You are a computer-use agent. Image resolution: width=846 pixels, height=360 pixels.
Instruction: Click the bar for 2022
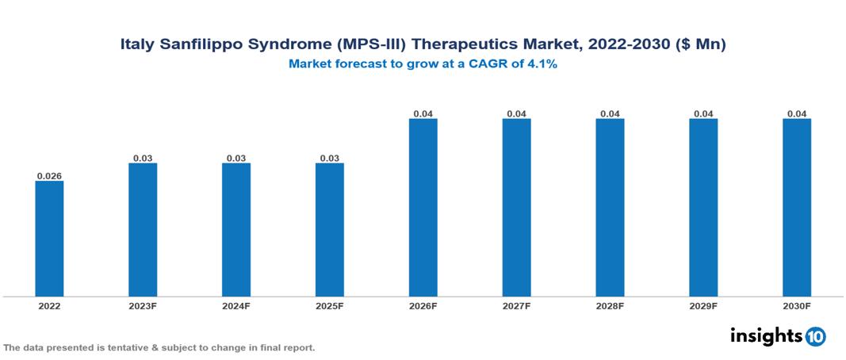(x=49, y=239)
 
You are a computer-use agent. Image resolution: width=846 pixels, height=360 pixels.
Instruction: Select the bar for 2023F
(x=143, y=230)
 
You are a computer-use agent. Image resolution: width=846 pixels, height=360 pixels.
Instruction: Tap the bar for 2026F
(x=423, y=208)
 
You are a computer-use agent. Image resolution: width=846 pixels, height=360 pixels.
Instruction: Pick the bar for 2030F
(x=797, y=208)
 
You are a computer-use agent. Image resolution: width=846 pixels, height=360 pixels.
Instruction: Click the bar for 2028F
(x=610, y=208)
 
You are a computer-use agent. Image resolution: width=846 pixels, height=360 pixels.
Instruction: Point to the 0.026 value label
(x=49, y=175)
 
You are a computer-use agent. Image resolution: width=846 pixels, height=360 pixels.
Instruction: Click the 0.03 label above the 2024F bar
(x=236, y=158)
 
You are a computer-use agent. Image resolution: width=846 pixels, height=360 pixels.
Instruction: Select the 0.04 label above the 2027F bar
(x=516, y=113)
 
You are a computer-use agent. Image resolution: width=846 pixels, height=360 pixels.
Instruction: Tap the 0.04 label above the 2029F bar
(x=703, y=113)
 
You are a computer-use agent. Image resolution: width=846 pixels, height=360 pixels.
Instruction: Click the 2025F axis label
(x=330, y=306)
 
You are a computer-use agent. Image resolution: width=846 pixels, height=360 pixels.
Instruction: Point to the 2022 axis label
(x=49, y=306)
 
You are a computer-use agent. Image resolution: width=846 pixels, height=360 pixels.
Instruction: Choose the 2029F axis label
(x=703, y=306)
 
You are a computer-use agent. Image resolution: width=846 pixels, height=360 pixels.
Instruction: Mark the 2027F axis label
(x=516, y=306)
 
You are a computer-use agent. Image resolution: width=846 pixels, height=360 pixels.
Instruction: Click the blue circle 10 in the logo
(x=815, y=336)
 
